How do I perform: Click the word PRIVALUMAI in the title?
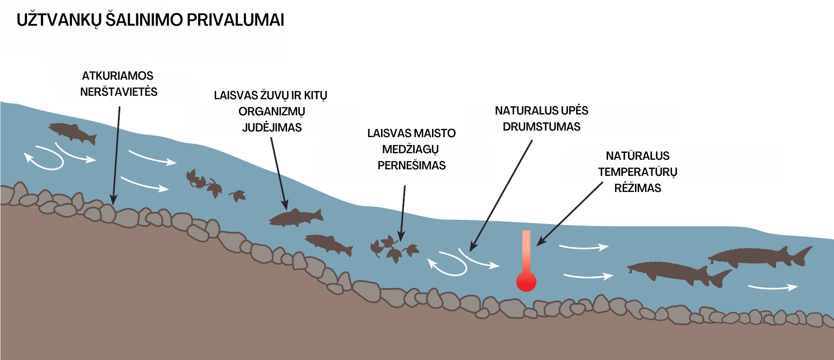tap(235, 20)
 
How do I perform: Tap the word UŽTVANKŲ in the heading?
tap(59, 20)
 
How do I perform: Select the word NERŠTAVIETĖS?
tap(119, 91)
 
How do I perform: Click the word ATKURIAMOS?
tap(118, 76)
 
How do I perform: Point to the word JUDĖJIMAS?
tap(272, 127)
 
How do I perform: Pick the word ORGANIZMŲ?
tap(272, 111)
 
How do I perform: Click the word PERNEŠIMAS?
tap(412, 165)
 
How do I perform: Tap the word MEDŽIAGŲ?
tap(410, 149)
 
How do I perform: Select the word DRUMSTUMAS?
tap(541, 127)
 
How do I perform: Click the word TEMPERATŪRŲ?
tap(638, 172)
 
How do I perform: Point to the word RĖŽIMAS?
tap(638, 188)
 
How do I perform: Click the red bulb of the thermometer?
tap(526, 282)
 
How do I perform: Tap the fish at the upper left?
tap(72, 132)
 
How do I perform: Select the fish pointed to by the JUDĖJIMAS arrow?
tap(296, 217)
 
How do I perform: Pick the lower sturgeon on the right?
tap(679, 273)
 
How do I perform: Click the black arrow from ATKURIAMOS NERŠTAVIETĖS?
tap(116, 155)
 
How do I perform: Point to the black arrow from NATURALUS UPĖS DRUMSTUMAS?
tap(501, 196)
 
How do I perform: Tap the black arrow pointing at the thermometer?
tap(570, 214)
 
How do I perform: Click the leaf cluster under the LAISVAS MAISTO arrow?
tap(394, 248)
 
